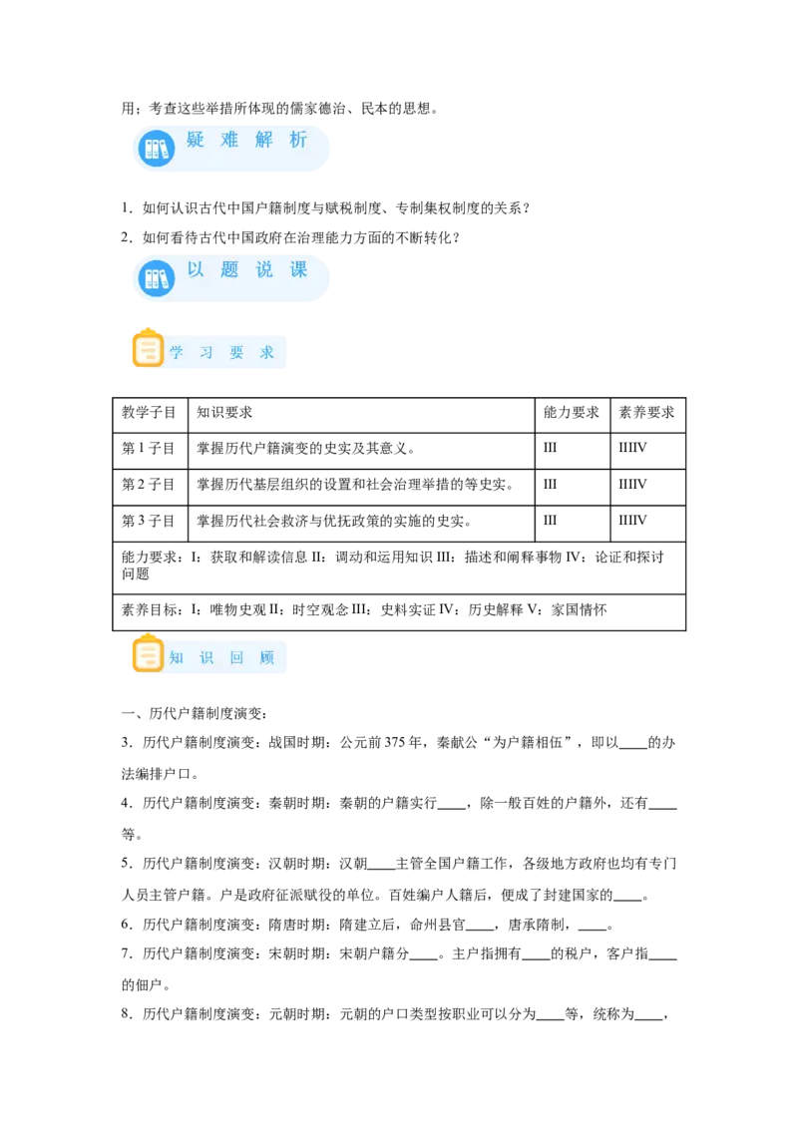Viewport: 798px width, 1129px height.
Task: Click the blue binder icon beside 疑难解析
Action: [x=157, y=149]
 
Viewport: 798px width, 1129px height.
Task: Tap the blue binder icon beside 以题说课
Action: [x=157, y=278]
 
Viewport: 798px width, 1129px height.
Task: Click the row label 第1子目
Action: [x=148, y=449]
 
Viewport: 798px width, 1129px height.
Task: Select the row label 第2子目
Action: [x=148, y=485]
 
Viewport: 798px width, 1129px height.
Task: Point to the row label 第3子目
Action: [x=148, y=521]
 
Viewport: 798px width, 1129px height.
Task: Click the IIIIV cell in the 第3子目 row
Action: [x=632, y=520]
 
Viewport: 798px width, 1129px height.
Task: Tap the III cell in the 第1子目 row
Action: [x=550, y=448]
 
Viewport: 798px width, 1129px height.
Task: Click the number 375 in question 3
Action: [x=393, y=742]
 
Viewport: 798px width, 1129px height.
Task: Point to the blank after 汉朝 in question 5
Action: [x=382, y=869]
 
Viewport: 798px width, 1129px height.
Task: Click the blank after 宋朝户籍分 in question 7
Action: [x=424, y=959]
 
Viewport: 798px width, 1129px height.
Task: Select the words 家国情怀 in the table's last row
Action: [x=580, y=609]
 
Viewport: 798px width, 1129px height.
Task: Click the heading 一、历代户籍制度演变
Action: [x=195, y=713]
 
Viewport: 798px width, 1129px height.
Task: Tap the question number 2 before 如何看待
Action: [x=126, y=237]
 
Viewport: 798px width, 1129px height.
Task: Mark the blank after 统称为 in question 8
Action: [x=649, y=1019]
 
